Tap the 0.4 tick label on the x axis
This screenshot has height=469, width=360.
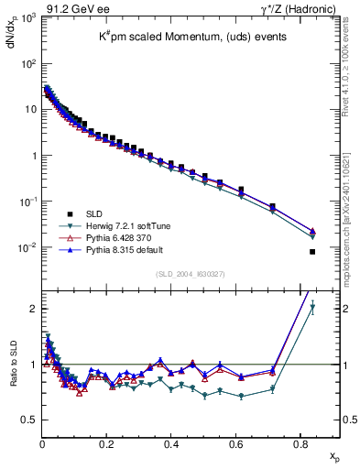click(171, 444)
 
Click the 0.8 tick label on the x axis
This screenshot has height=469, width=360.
click(300, 444)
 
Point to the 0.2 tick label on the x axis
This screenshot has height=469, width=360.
click(106, 444)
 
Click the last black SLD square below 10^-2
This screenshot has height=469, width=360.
click(312, 252)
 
